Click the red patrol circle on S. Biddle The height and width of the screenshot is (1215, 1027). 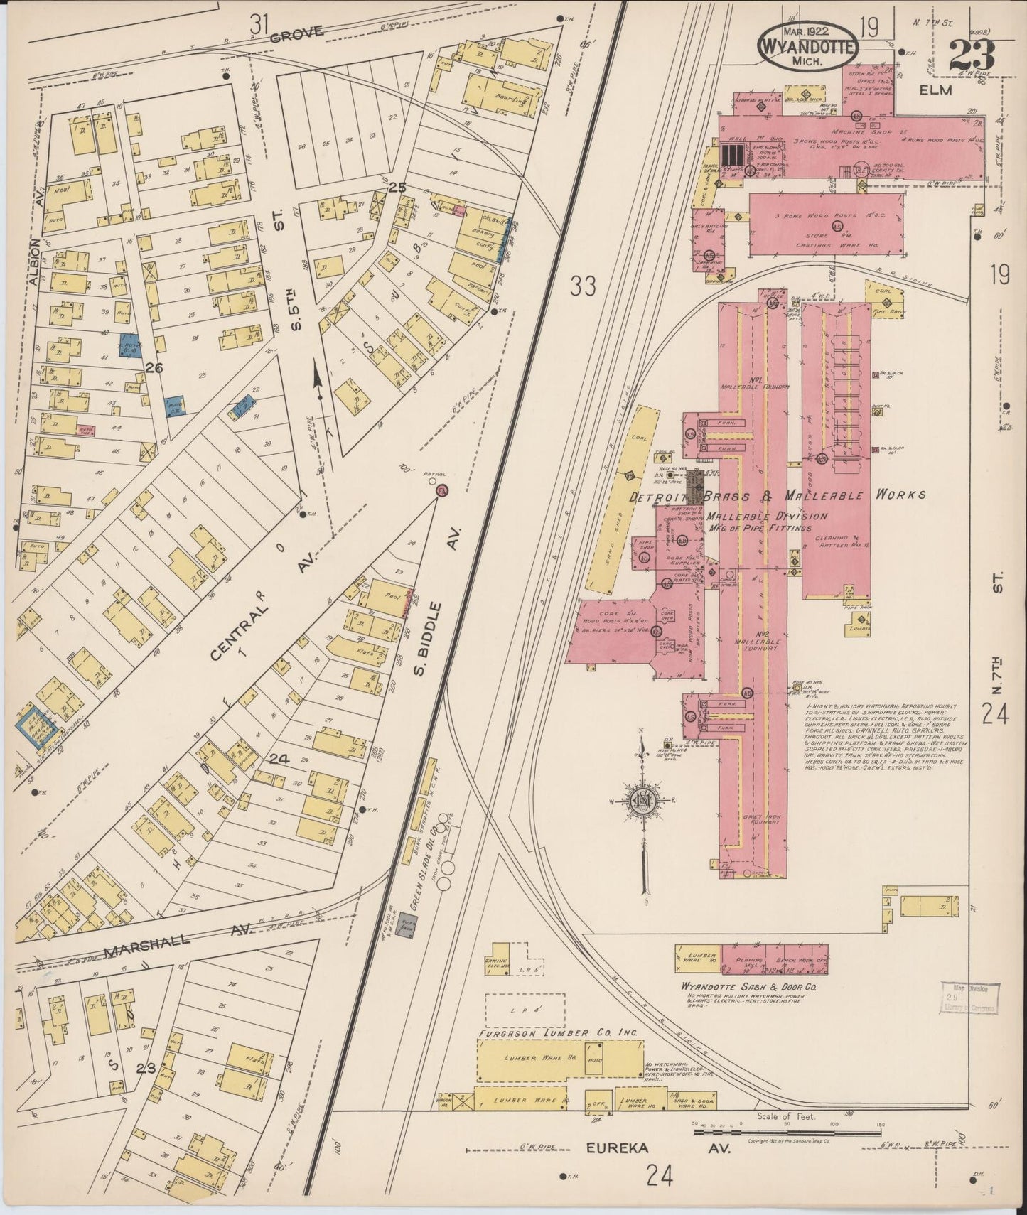click(441, 491)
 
